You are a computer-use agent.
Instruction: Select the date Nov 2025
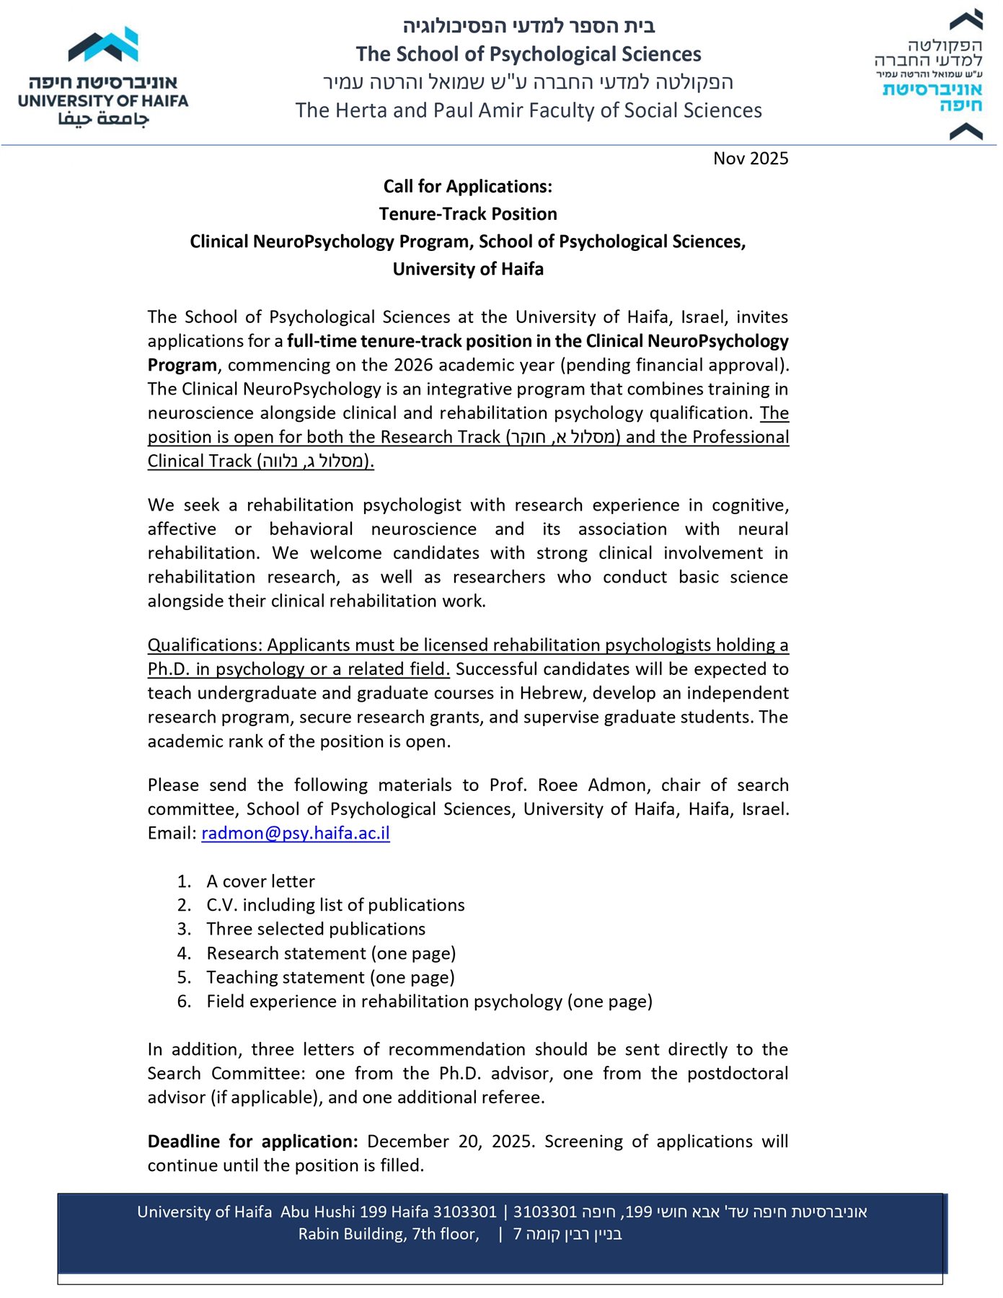pyautogui.click(x=751, y=159)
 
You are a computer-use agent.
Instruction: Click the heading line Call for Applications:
pyautogui.click(x=467, y=187)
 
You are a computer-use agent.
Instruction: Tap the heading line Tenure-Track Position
pyautogui.click(x=467, y=214)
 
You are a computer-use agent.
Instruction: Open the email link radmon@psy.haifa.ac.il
pyautogui.click(x=295, y=834)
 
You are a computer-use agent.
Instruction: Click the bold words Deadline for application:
pyautogui.click(x=252, y=1142)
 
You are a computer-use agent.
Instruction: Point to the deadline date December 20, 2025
pyautogui.click(x=451, y=1142)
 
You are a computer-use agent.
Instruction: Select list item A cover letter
pyautogui.click(x=260, y=881)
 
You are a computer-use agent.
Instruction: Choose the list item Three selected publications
pyautogui.click(x=316, y=929)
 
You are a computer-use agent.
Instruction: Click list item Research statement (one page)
pyautogui.click(x=331, y=953)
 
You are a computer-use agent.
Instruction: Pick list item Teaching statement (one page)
pyautogui.click(x=330, y=977)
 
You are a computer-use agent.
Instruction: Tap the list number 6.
pyautogui.click(x=184, y=1002)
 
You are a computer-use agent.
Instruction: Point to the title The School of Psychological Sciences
pyautogui.click(x=528, y=55)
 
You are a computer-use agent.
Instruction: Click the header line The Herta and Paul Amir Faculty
pyautogui.click(x=528, y=110)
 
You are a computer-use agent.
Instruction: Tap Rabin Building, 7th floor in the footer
pyautogui.click(x=389, y=1235)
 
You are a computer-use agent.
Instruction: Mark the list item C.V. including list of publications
pyautogui.click(x=335, y=905)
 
